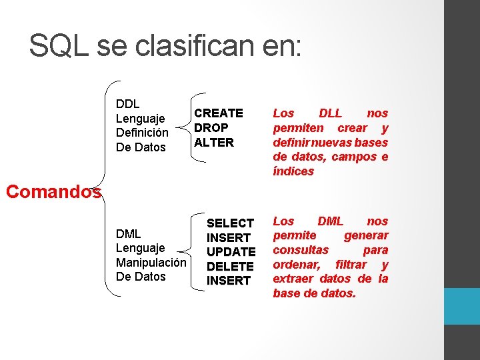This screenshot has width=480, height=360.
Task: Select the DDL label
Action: pyautogui.click(x=128, y=103)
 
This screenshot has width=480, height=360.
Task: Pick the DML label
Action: pyautogui.click(x=128, y=233)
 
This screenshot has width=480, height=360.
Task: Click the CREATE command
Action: pyautogui.click(x=219, y=113)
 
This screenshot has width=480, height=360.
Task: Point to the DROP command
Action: pyautogui.click(x=211, y=127)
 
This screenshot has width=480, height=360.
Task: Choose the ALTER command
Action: pyautogui.click(x=214, y=142)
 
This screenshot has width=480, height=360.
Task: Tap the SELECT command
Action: pyautogui.click(x=231, y=223)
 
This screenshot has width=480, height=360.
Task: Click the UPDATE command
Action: pyautogui.click(x=231, y=252)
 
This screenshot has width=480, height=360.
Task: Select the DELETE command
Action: pyautogui.click(x=231, y=266)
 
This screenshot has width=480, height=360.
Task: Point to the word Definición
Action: pyautogui.click(x=142, y=133)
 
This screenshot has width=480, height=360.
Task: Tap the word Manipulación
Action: pyautogui.click(x=151, y=262)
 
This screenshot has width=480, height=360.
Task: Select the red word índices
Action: pyautogui.click(x=293, y=171)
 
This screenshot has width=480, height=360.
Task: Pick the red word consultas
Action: pyautogui.click(x=301, y=250)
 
